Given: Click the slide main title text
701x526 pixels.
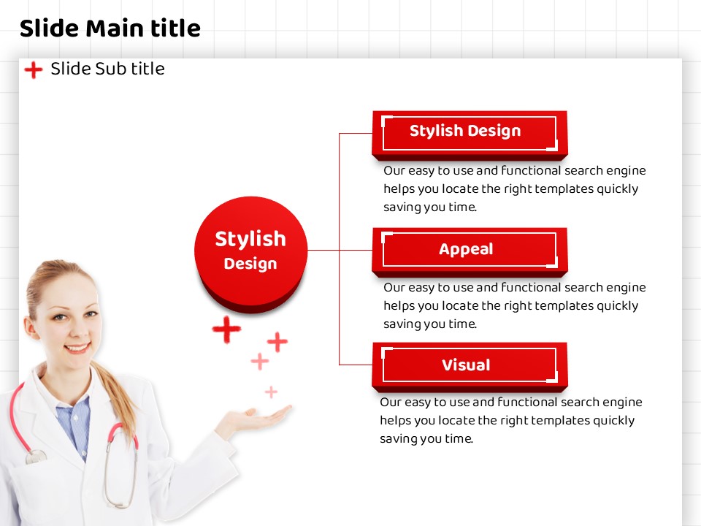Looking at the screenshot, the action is pyautogui.click(x=110, y=28).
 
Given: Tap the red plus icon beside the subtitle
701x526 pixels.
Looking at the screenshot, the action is pyautogui.click(x=34, y=70).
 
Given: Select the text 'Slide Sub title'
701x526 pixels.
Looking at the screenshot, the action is pyautogui.click(x=107, y=69).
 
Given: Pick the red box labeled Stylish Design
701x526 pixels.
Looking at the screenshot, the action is pyautogui.click(x=470, y=135).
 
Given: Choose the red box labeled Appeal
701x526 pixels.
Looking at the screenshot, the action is pyautogui.click(x=470, y=252).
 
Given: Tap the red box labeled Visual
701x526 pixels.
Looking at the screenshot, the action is pyautogui.click(x=470, y=367).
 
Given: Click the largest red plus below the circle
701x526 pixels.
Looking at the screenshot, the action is pyautogui.click(x=226, y=329).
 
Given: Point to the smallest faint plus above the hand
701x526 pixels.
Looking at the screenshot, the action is pyautogui.click(x=271, y=392).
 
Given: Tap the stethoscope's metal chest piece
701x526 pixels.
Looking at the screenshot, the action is pyautogui.click(x=36, y=457).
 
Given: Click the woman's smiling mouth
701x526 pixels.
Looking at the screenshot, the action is pyautogui.click(x=77, y=348).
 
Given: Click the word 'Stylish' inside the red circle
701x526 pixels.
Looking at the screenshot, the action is pyautogui.click(x=250, y=240).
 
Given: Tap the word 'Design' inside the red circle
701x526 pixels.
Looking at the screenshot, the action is pyautogui.click(x=250, y=264).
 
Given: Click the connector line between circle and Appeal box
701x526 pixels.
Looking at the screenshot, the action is pyautogui.click(x=340, y=250).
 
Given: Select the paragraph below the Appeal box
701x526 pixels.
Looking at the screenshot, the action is pyautogui.click(x=515, y=306).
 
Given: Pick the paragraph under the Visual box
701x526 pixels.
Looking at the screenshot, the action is pyautogui.click(x=511, y=421).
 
